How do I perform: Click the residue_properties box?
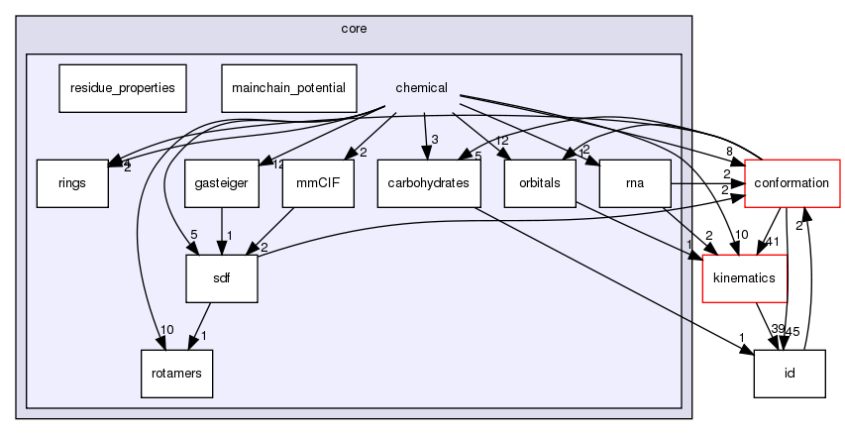(x=122, y=87)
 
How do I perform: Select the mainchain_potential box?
(x=287, y=87)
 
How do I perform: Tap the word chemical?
(x=421, y=87)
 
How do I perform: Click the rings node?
(x=72, y=183)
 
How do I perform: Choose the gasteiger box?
(x=214, y=183)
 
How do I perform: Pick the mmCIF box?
(x=318, y=183)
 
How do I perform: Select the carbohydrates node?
(x=428, y=183)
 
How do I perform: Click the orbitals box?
(x=540, y=183)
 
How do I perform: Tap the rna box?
(x=635, y=183)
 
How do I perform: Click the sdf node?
(x=222, y=278)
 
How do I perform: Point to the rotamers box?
(x=175, y=374)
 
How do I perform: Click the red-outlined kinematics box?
(x=744, y=278)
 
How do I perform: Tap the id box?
(x=790, y=374)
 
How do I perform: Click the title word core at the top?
(x=354, y=28)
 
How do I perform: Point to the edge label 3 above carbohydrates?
(x=434, y=138)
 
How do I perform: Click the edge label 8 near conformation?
(x=729, y=152)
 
